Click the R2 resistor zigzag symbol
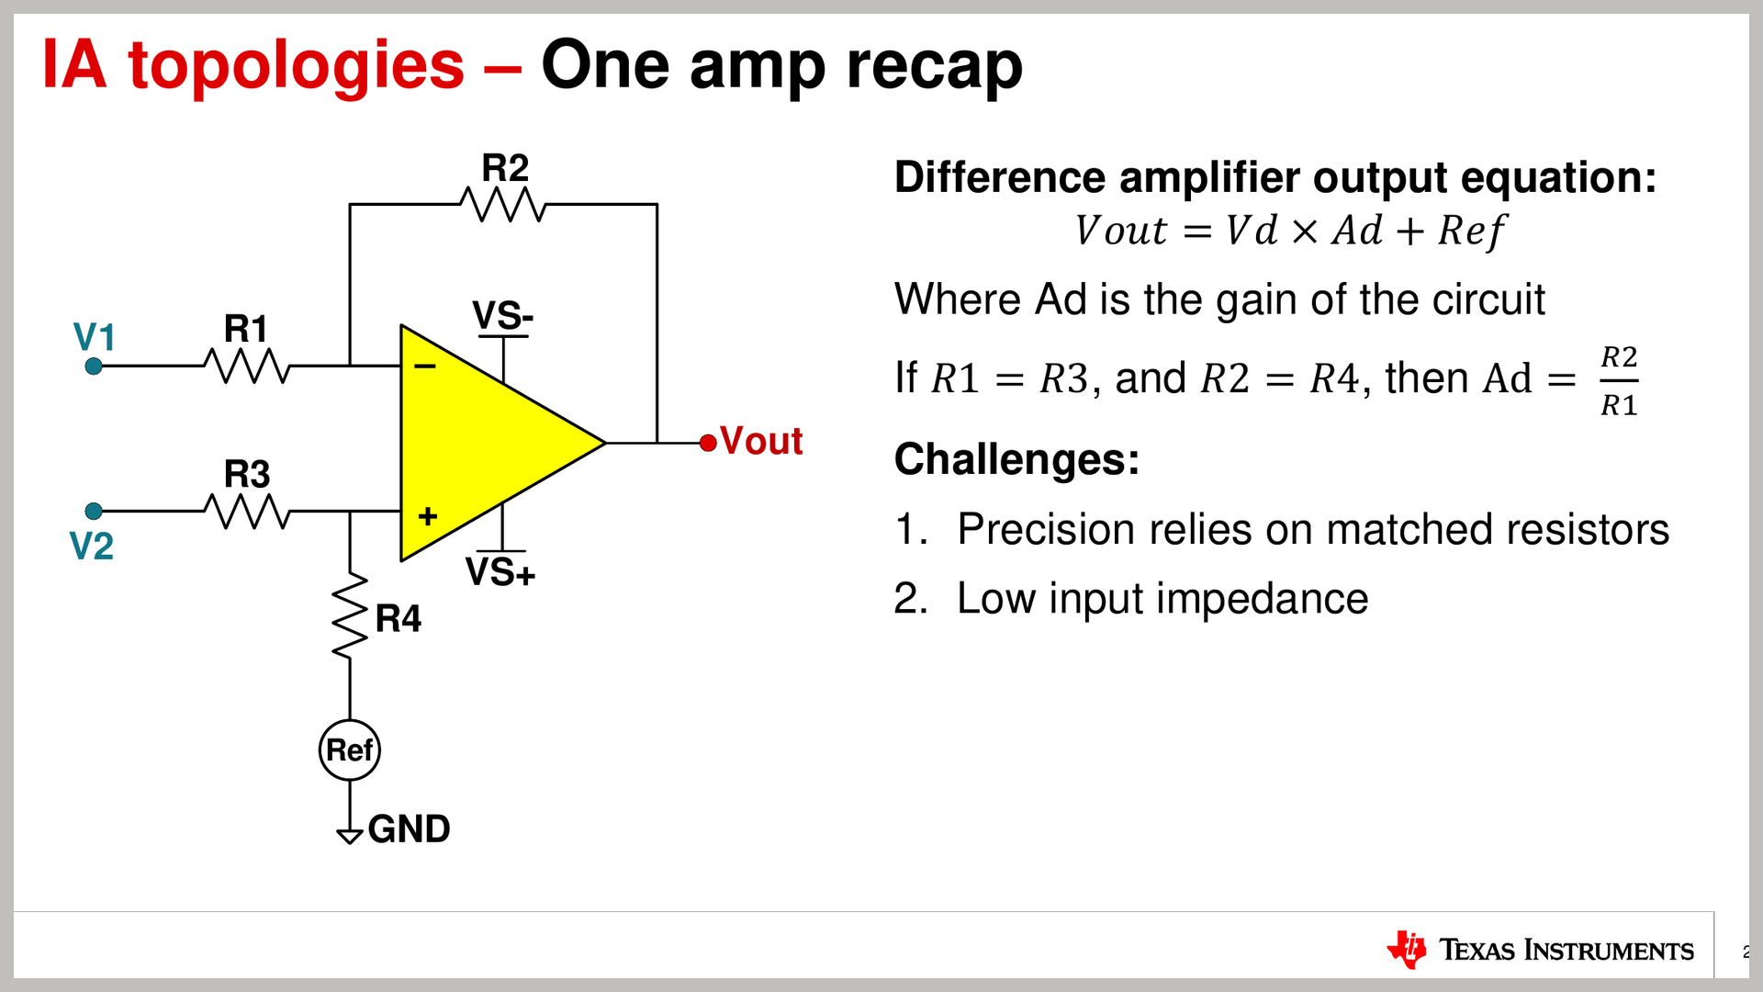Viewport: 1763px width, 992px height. click(x=502, y=204)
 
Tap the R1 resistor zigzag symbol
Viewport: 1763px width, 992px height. click(x=246, y=366)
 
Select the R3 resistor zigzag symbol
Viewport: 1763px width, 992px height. click(x=246, y=511)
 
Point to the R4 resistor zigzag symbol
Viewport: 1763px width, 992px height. click(x=350, y=616)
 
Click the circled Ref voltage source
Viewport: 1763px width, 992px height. click(x=350, y=750)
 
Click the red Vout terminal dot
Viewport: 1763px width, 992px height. click(x=708, y=443)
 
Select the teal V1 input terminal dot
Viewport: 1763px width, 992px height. click(x=94, y=366)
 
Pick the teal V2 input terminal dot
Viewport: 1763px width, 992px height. click(x=94, y=511)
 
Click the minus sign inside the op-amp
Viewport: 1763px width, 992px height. click(x=424, y=366)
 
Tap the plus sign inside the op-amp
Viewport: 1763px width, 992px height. click(x=427, y=516)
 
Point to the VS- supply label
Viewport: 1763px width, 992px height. click(x=502, y=316)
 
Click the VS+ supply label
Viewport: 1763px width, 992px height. click(x=500, y=572)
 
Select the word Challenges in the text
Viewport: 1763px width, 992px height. click(x=1016, y=459)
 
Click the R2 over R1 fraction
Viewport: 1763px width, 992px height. click(x=1619, y=380)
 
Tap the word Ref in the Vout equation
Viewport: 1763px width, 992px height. click(x=1471, y=231)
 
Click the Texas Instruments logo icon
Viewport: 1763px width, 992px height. click(x=1407, y=949)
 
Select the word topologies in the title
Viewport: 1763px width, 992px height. click(x=296, y=66)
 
